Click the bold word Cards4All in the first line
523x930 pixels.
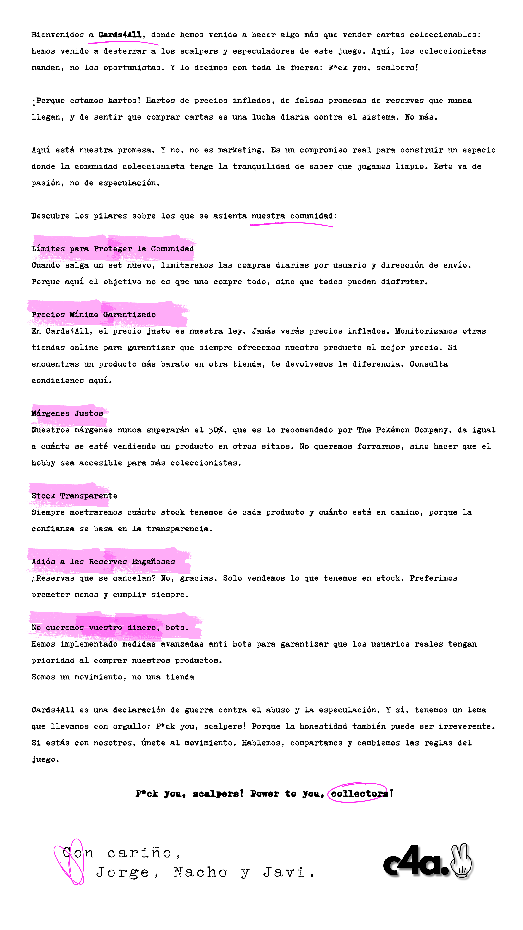point(120,35)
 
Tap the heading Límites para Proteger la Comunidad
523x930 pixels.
point(113,248)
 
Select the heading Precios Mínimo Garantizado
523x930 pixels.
point(94,314)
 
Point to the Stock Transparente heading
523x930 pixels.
point(74,495)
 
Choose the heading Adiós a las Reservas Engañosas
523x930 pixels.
point(103,561)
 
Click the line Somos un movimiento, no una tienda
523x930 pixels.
point(113,677)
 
